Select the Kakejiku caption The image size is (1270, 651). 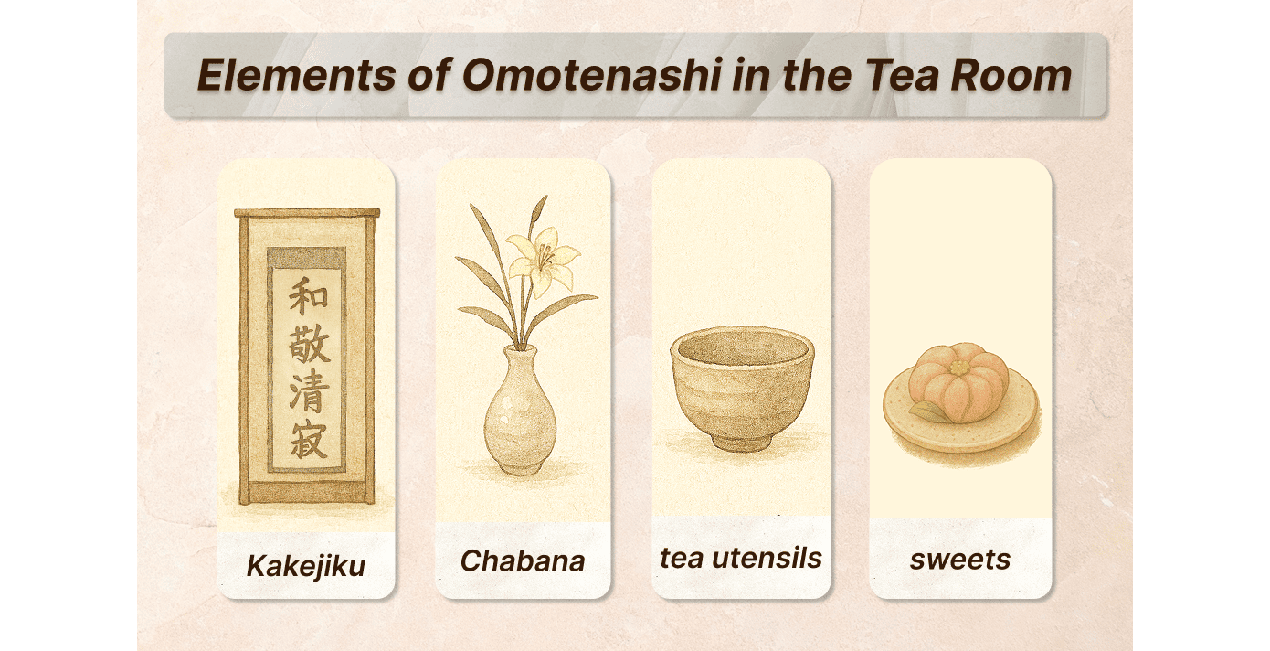[306, 565]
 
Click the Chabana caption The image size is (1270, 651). [523, 560]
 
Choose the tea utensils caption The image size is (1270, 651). [741, 558]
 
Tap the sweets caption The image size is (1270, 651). [960, 560]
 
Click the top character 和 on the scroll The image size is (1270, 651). [308, 296]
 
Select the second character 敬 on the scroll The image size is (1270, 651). [309, 347]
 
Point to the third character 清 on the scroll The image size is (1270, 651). [309, 396]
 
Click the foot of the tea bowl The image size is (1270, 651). [741, 442]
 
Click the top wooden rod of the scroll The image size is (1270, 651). [307, 213]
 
